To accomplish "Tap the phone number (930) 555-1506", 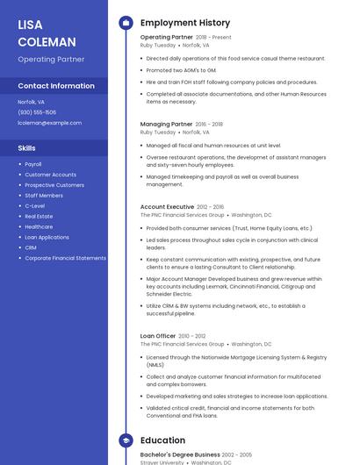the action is (37, 112).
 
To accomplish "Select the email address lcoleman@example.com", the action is (49, 123).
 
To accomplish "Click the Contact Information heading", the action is (56, 86).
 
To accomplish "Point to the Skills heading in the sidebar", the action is (27, 148).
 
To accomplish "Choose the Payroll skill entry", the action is (33, 164).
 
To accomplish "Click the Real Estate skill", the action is (39, 216).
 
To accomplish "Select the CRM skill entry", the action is (31, 247).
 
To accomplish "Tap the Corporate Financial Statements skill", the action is (65, 258).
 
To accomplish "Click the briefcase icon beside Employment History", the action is (126, 23).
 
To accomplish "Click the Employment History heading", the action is (185, 23).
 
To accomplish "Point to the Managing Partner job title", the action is (166, 125).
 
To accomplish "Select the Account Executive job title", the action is (167, 207).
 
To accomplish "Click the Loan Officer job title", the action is (158, 336).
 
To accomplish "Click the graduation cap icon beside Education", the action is (126, 440).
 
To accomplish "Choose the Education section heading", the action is (162, 440).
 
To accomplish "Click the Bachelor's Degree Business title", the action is (180, 454).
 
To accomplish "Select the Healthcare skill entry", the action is (39, 226).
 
